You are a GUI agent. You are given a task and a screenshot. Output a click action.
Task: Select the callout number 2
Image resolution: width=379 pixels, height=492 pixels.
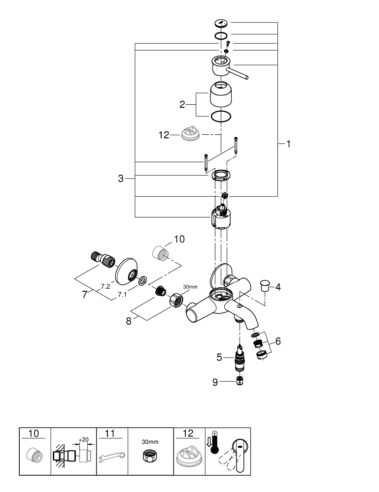click(182, 104)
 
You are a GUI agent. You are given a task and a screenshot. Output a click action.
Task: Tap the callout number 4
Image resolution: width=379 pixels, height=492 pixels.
click(278, 286)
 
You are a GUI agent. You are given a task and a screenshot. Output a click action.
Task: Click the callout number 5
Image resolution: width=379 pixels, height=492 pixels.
click(220, 358)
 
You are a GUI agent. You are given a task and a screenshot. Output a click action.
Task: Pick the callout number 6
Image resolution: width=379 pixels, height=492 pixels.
click(278, 340)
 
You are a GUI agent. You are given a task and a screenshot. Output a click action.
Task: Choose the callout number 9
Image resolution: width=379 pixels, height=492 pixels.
click(215, 381)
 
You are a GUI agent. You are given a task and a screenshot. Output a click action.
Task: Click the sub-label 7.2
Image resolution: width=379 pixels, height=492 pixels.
click(105, 285)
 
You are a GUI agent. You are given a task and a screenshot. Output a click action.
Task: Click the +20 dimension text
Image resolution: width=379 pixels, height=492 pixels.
click(83, 439)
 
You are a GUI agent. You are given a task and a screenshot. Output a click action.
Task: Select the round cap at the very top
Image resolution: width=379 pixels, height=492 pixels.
click(221, 23)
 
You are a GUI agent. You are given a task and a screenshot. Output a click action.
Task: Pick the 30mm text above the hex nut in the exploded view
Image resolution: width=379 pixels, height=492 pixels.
click(190, 287)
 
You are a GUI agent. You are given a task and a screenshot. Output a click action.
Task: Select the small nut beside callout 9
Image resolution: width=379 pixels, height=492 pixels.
click(239, 380)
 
